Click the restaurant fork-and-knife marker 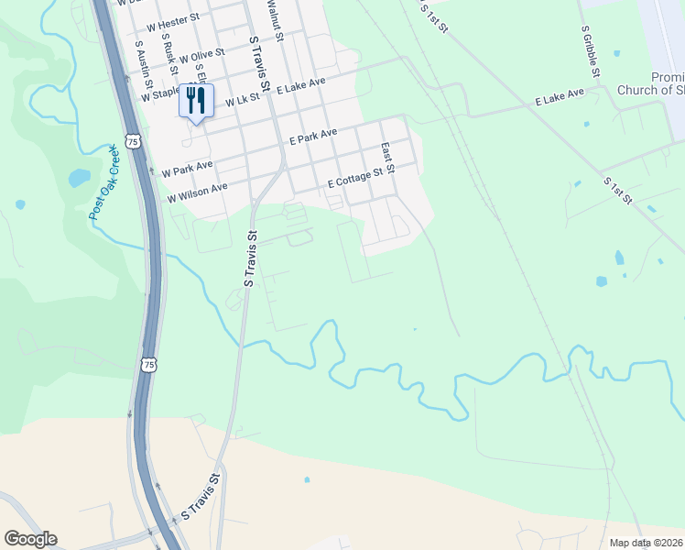point(196,100)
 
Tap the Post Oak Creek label point(105,182)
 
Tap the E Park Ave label point(313,137)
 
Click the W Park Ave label point(187,169)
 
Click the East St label point(387,158)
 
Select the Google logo point(30,539)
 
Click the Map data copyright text point(646,543)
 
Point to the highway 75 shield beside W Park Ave point(134,141)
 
